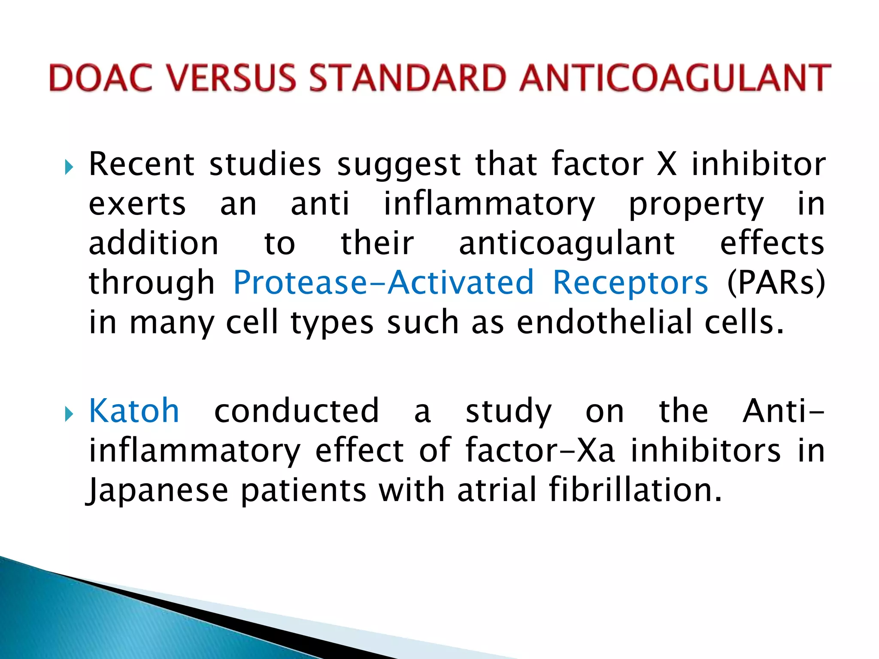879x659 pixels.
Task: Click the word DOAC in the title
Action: point(101,78)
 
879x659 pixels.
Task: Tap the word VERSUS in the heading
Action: point(231,78)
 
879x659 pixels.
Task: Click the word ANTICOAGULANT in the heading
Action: point(675,78)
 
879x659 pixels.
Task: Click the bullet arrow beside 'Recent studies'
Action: point(69,167)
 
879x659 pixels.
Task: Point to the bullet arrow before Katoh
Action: point(69,414)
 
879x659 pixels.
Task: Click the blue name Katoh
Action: point(134,411)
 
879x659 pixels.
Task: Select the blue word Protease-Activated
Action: point(383,283)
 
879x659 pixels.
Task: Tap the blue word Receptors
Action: point(630,283)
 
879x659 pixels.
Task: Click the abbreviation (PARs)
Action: point(775,283)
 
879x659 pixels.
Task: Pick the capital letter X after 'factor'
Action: point(667,164)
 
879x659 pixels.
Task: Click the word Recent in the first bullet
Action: point(142,164)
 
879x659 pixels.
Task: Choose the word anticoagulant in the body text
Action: point(567,244)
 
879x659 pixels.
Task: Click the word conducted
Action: point(297,411)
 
